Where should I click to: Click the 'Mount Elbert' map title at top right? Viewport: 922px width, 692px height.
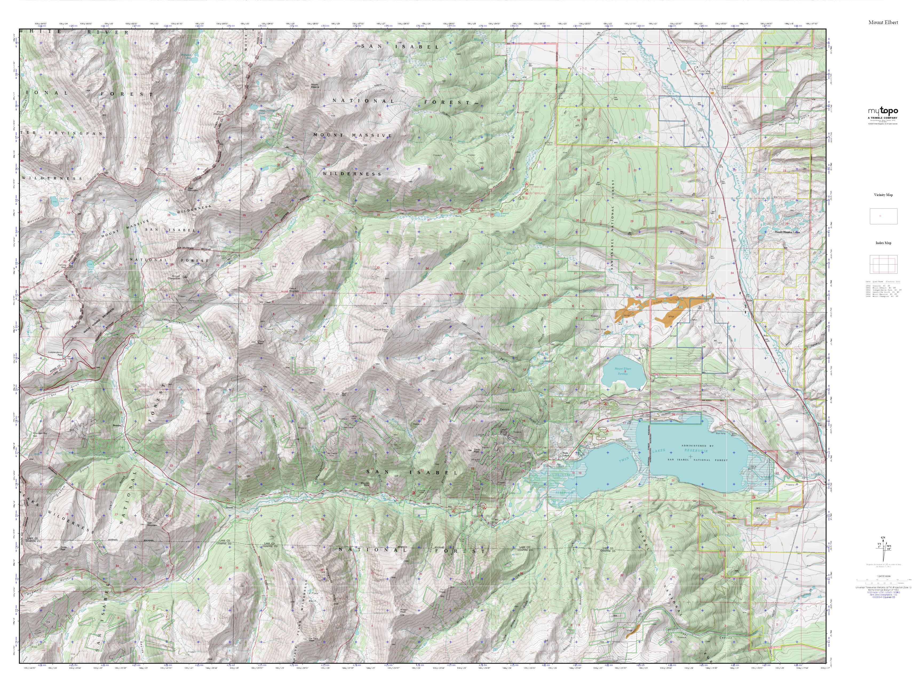[x=883, y=22]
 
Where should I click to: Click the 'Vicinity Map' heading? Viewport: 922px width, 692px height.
[x=883, y=195]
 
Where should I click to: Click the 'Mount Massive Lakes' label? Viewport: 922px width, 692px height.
[x=787, y=232]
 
